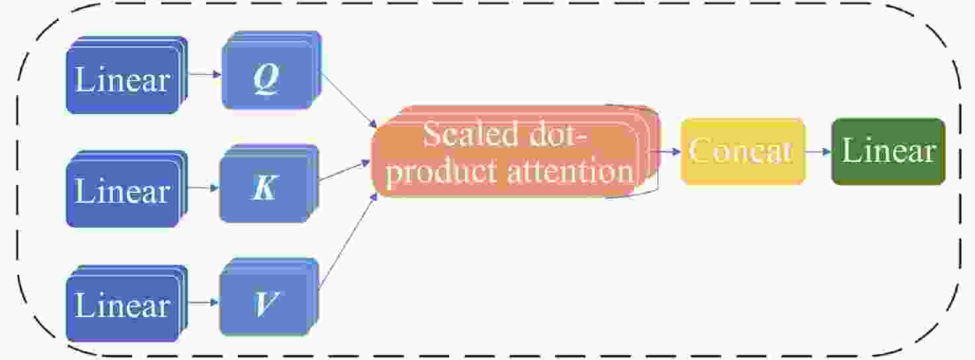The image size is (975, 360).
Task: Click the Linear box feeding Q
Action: (123, 79)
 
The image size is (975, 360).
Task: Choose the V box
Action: (266, 303)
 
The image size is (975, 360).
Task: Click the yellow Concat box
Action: (742, 151)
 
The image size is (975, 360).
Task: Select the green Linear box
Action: (888, 151)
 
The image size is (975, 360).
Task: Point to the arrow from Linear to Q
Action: (203, 75)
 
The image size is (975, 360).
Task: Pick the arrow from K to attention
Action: (344, 170)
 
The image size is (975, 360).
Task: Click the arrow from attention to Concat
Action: (667, 151)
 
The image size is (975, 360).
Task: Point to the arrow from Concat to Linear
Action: (818, 151)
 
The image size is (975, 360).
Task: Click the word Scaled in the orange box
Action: (462, 134)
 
